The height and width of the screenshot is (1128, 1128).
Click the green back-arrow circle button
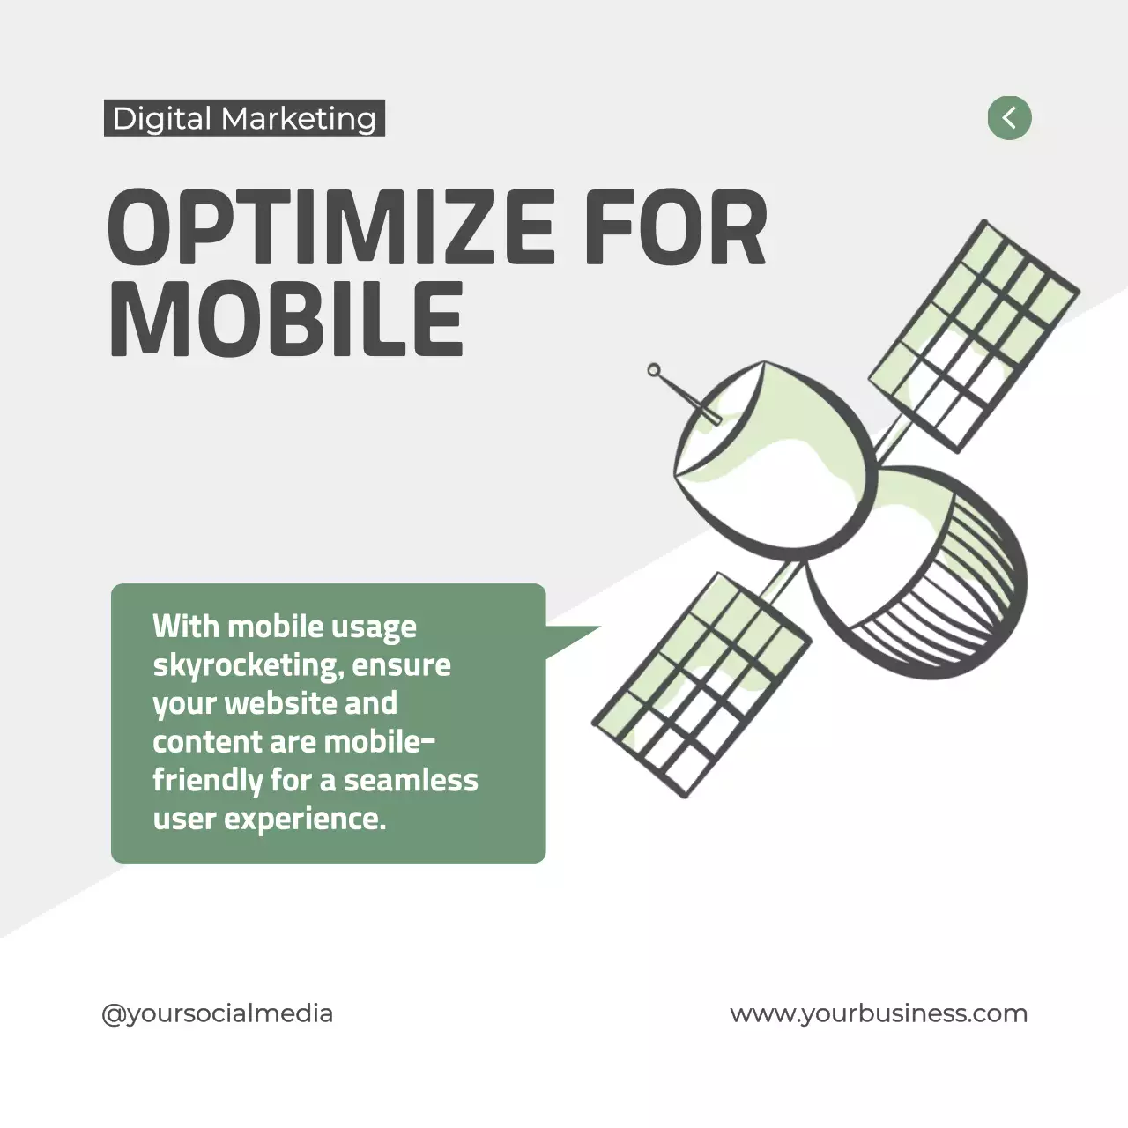coord(1009,117)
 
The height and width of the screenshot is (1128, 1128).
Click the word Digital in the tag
coord(162,119)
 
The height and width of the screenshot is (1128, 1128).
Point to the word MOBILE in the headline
coord(286,319)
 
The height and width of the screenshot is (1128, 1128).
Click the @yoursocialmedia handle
coord(218,1013)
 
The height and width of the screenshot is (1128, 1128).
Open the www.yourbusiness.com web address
coord(879,1013)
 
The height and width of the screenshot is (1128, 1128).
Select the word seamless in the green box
coord(411,780)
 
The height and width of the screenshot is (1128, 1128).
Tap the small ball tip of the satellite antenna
coord(654,370)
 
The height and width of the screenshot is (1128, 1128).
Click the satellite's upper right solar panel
coord(973,335)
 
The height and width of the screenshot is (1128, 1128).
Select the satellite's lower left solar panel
coord(701,684)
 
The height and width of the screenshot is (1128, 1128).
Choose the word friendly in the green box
coord(208,781)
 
